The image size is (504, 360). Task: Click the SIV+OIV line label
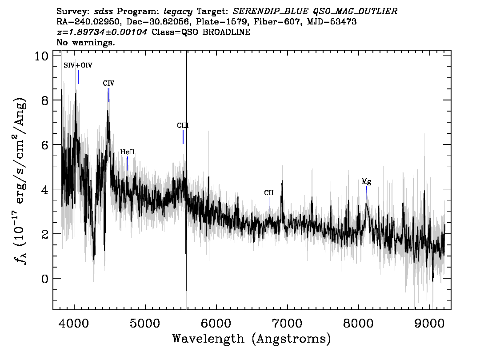click(78, 65)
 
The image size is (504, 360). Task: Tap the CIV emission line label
click(108, 83)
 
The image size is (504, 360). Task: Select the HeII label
click(127, 152)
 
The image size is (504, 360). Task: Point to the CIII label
click(183, 125)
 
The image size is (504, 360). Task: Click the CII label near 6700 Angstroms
click(269, 193)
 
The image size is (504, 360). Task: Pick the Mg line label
click(366, 182)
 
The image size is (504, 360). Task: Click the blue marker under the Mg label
click(366, 192)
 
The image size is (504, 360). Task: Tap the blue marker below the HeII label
click(128, 164)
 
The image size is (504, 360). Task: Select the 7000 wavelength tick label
click(287, 323)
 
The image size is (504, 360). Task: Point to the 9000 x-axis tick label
click(429, 323)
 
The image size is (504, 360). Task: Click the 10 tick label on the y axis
click(41, 56)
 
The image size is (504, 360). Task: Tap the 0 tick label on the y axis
click(45, 278)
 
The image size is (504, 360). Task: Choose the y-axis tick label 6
click(45, 145)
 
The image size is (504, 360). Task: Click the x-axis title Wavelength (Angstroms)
click(252, 339)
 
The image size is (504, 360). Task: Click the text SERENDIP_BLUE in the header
click(270, 12)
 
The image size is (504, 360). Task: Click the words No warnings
click(85, 42)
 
